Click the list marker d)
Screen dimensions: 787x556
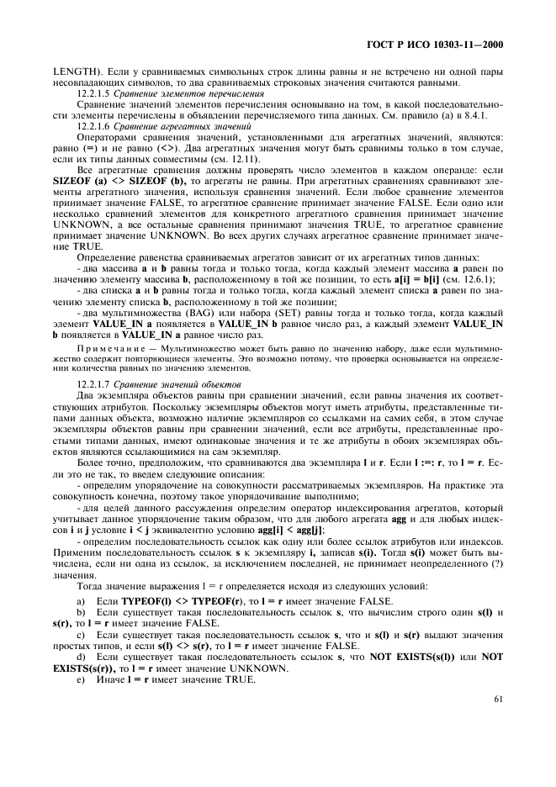[81, 657]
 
